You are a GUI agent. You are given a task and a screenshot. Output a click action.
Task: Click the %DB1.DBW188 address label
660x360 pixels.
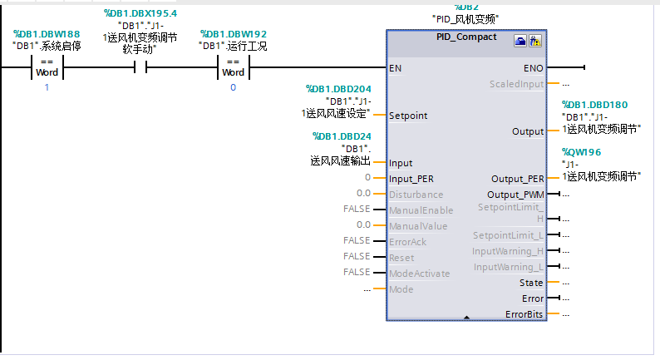tap(47, 34)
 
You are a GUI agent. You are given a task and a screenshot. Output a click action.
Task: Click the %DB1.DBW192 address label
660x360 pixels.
tap(234, 34)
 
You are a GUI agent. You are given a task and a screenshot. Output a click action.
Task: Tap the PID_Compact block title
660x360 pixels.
tap(466, 37)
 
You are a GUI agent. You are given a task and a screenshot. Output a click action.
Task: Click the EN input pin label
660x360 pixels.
tap(396, 68)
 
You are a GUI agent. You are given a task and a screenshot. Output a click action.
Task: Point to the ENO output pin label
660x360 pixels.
tap(534, 68)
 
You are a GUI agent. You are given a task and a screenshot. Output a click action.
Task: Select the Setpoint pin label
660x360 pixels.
tap(408, 116)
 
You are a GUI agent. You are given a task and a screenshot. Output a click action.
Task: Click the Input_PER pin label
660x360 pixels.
tap(411, 178)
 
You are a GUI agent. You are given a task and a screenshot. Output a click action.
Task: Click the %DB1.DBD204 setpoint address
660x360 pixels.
tap(338, 89)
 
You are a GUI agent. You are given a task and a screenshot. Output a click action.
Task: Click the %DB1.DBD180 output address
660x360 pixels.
tap(595, 105)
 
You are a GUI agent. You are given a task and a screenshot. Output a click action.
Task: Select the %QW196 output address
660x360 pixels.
tap(581, 152)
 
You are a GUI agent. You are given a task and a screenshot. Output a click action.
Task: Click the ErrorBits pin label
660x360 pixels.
tap(525, 314)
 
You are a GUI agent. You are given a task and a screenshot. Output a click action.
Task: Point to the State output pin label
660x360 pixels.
tap(531, 283)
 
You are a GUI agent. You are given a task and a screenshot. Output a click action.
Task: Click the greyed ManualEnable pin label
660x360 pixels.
tap(421, 210)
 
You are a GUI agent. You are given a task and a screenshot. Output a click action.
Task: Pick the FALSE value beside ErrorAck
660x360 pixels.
tap(357, 240)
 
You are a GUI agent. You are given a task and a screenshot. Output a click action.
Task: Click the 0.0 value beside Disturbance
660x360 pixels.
tap(363, 194)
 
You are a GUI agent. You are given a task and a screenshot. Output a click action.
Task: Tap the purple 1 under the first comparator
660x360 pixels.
tap(47, 87)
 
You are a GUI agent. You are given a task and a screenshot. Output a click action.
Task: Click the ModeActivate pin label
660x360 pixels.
tap(419, 273)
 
